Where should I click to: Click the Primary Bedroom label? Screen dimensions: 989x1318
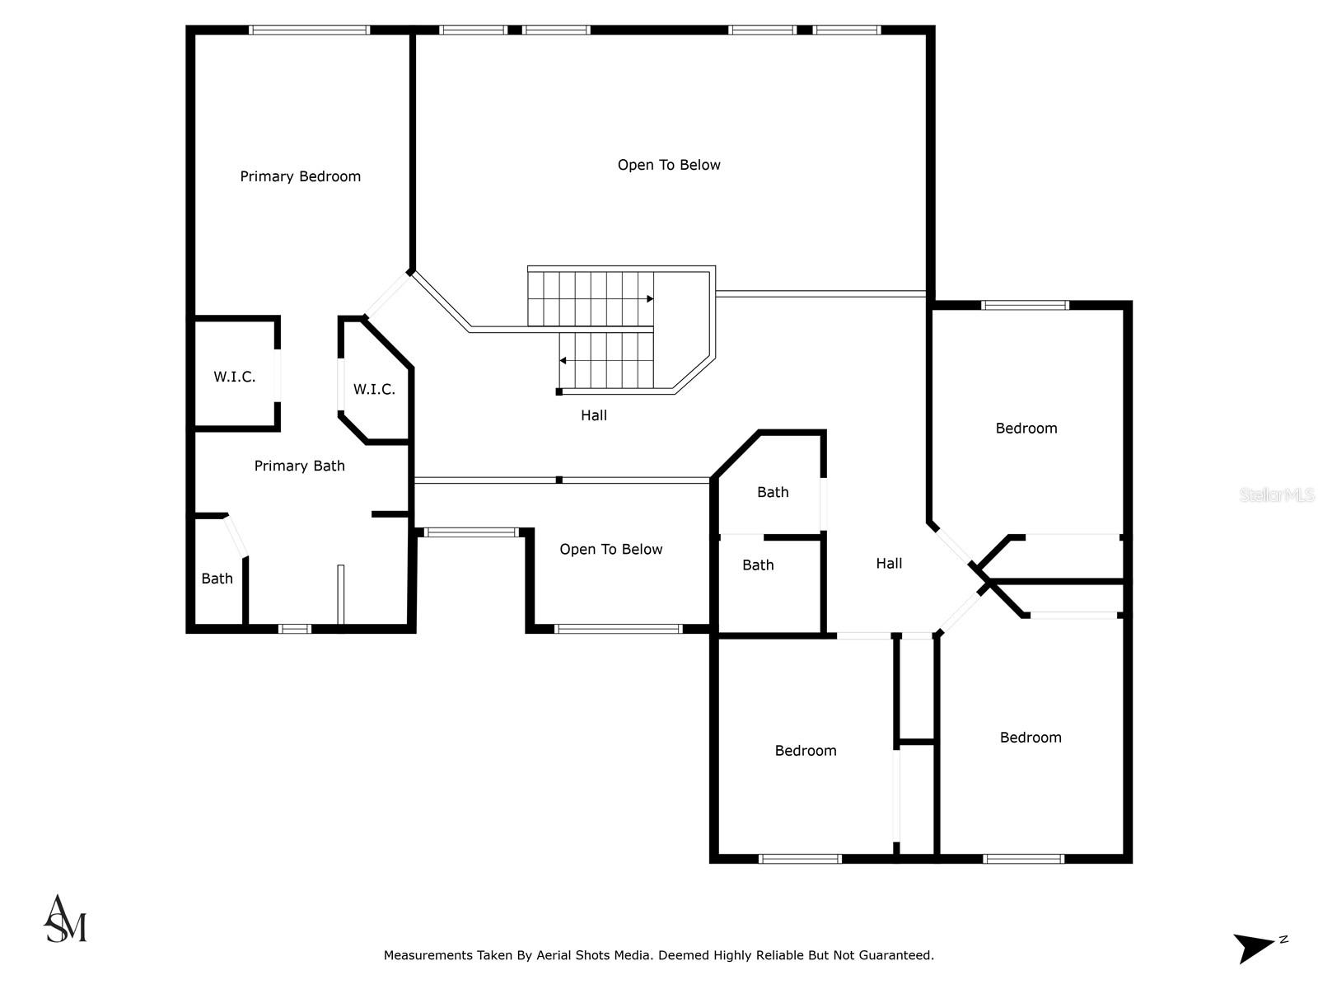(x=300, y=176)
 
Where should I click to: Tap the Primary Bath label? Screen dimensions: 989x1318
(x=299, y=466)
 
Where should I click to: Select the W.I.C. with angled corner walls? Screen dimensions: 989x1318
(x=374, y=389)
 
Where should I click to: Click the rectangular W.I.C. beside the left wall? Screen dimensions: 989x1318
(x=235, y=377)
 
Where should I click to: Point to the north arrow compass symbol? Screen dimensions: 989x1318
(x=1257, y=947)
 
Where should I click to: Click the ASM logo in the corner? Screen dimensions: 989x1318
(x=65, y=920)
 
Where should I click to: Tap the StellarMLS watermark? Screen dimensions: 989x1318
(x=1276, y=495)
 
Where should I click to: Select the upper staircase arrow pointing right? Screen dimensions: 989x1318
(x=649, y=298)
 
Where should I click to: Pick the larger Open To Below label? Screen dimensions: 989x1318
(x=669, y=165)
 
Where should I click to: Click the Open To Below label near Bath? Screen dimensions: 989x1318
(x=610, y=550)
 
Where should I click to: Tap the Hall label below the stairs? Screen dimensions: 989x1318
(x=593, y=415)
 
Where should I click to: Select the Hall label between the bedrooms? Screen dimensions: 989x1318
(x=889, y=564)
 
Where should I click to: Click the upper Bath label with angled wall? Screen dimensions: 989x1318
(x=773, y=492)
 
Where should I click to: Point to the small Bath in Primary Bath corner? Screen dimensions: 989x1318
(x=217, y=579)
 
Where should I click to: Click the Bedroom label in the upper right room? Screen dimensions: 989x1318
(x=1026, y=429)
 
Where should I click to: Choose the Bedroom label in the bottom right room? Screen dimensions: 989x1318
(x=1030, y=738)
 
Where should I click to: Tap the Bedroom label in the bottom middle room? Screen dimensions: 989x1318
(x=805, y=751)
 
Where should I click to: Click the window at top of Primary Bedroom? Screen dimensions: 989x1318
(x=309, y=30)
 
